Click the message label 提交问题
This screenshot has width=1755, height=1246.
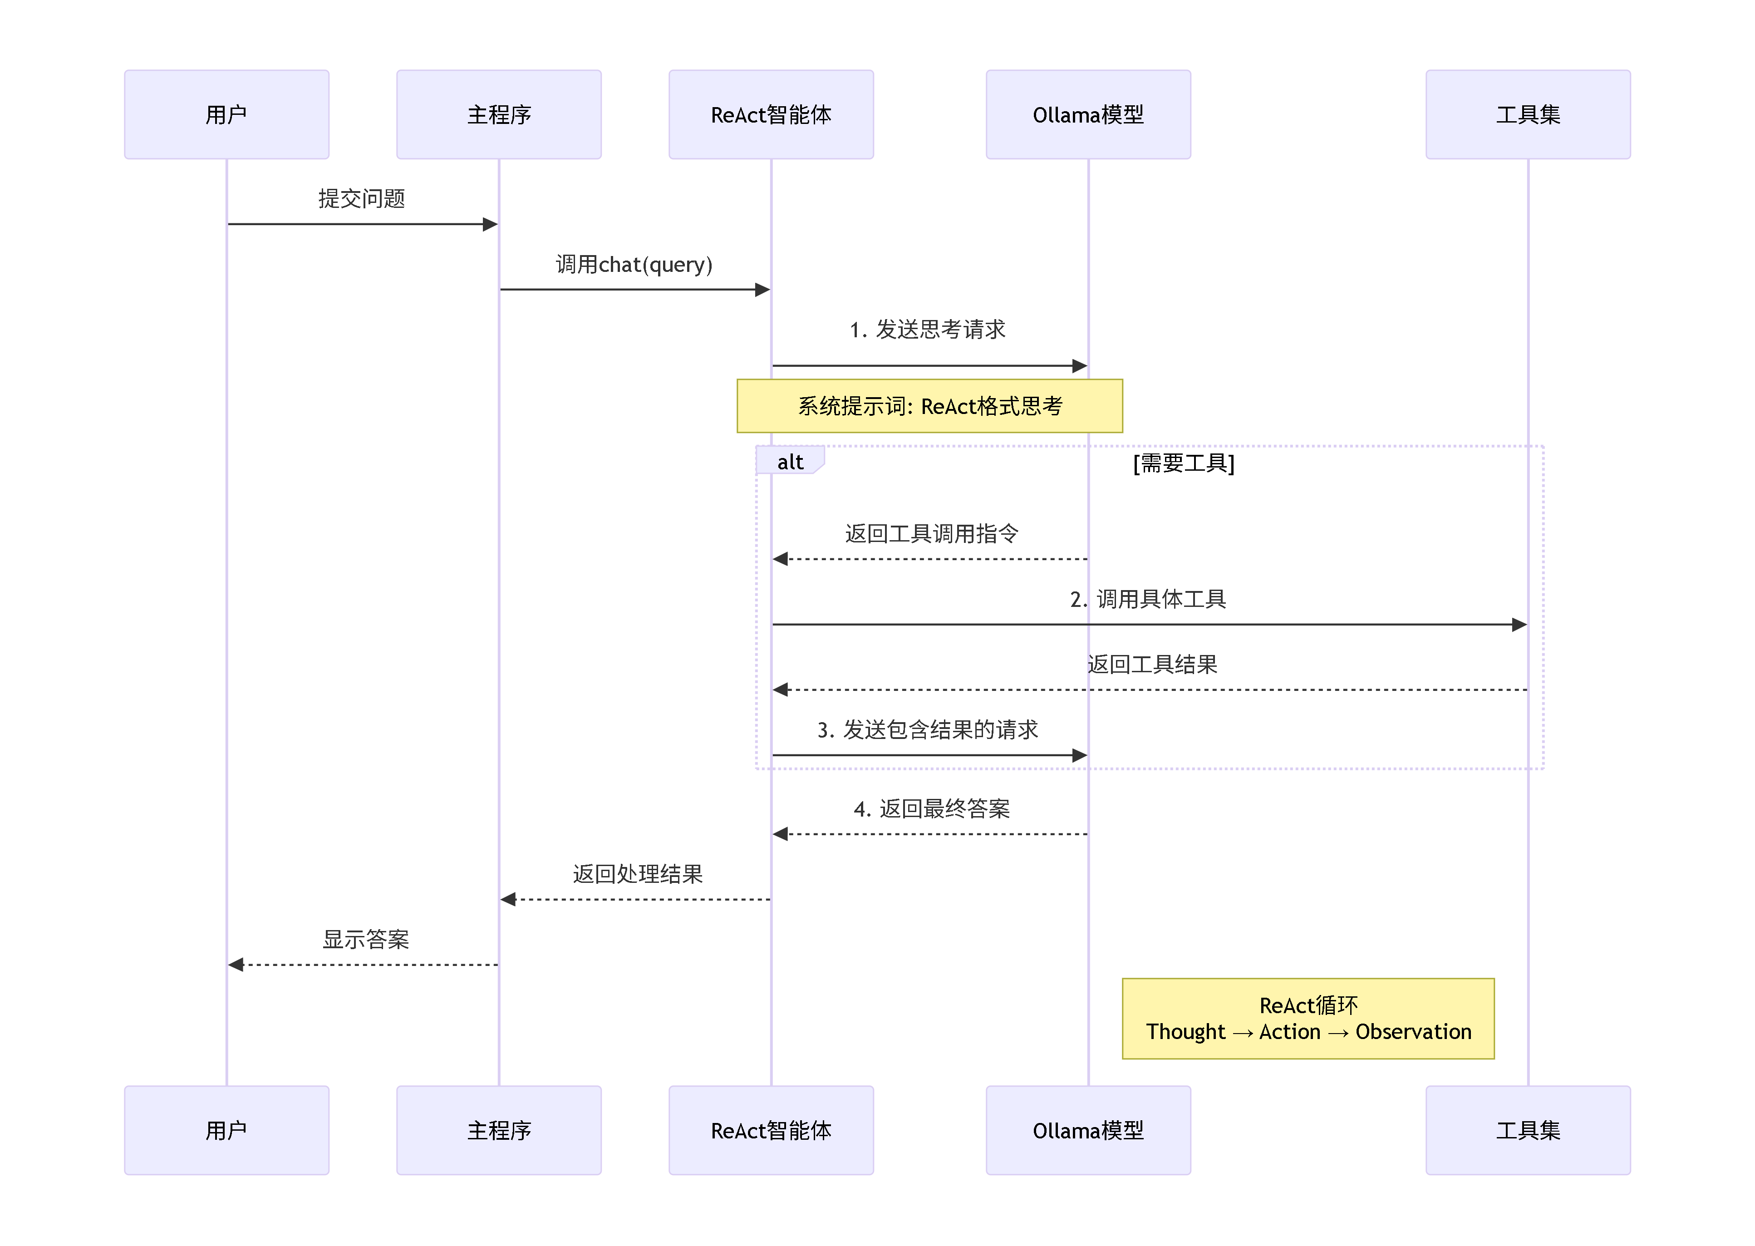click(x=361, y=199)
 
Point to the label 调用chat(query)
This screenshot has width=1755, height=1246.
click(x=634, y=265)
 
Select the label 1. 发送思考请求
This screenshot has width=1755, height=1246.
click(x=927, y=330)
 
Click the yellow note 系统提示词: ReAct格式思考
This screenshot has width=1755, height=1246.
click(x=929, y=406)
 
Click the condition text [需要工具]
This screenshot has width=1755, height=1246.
click(x=1184, y=463)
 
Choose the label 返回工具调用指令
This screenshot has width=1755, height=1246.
click(x=931, y=533)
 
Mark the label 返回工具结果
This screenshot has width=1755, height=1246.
click(x=1152, y=665)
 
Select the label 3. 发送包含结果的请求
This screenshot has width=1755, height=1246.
click(x=927, y=729)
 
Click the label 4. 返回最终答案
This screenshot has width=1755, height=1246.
click(x=931, y=809)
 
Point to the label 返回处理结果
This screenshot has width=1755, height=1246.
click(x=637, y=874)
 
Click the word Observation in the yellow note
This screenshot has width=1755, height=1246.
click(x=1413, y=1032)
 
